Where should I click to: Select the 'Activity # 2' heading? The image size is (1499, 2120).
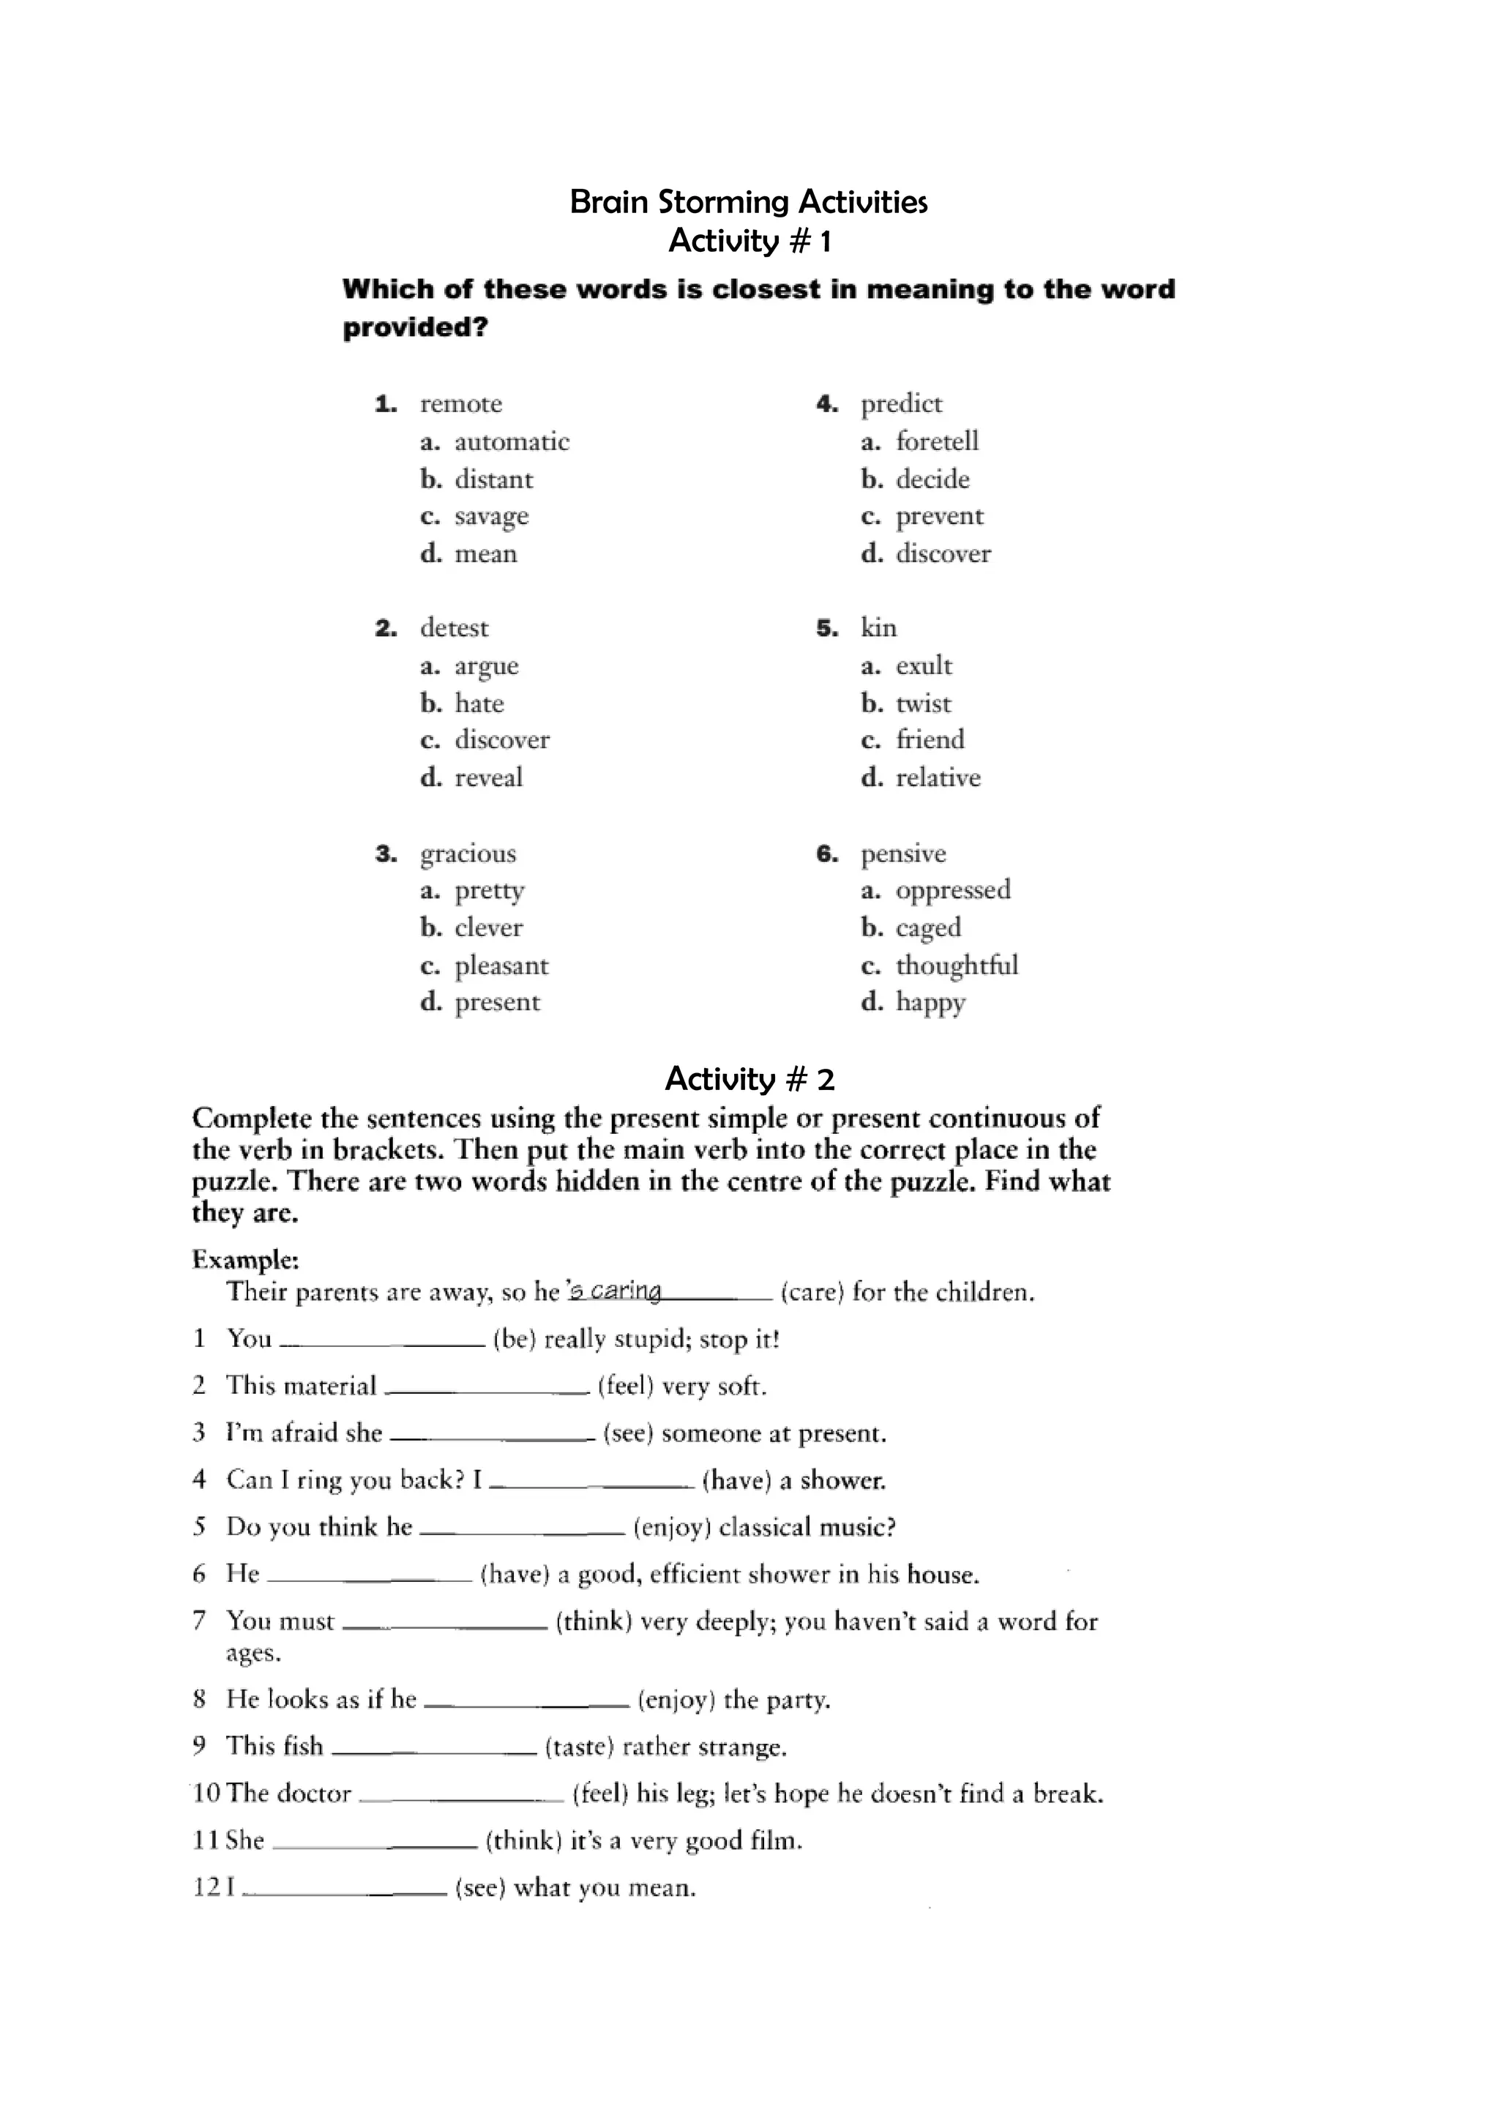pos(749,1078)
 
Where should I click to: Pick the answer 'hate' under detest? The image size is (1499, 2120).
pos(479,703)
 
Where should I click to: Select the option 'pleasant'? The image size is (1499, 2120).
pos(501,966)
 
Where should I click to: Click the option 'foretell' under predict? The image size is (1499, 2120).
pos(937,441)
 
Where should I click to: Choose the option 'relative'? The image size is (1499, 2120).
pos(938,777)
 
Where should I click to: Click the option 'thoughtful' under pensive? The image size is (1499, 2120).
pos(956,965)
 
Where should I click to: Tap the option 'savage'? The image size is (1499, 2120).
pos(491,516)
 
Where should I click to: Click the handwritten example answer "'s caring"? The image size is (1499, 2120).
pos(615,1290)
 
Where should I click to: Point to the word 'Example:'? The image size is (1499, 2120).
pos(245,1259)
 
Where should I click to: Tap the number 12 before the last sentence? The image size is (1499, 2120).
pos(206,1887)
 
